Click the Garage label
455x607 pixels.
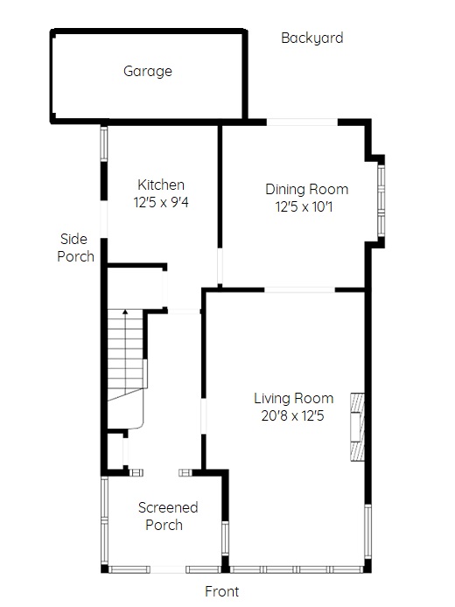(148, 71)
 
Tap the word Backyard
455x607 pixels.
(312, 38)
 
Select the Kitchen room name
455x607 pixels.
(161, 185)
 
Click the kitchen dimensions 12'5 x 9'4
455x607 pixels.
(161, 202)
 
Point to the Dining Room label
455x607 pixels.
(307, 189)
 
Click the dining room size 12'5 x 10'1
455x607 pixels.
(304, 206)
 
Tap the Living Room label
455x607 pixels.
(293, 398)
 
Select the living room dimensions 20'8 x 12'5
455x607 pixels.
(292, 415)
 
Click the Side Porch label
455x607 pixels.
(75, 248)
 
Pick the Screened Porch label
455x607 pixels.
(168, 516)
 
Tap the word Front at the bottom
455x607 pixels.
(222, 591)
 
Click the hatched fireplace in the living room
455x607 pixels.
(357, 427)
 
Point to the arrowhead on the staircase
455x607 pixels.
(125, 311)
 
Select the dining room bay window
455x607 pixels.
(381, 200)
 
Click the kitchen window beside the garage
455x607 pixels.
(103, 143)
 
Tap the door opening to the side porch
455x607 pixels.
(103, 220)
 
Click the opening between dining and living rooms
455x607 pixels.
(299, 290)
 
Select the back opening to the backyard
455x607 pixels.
(302, 122)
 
